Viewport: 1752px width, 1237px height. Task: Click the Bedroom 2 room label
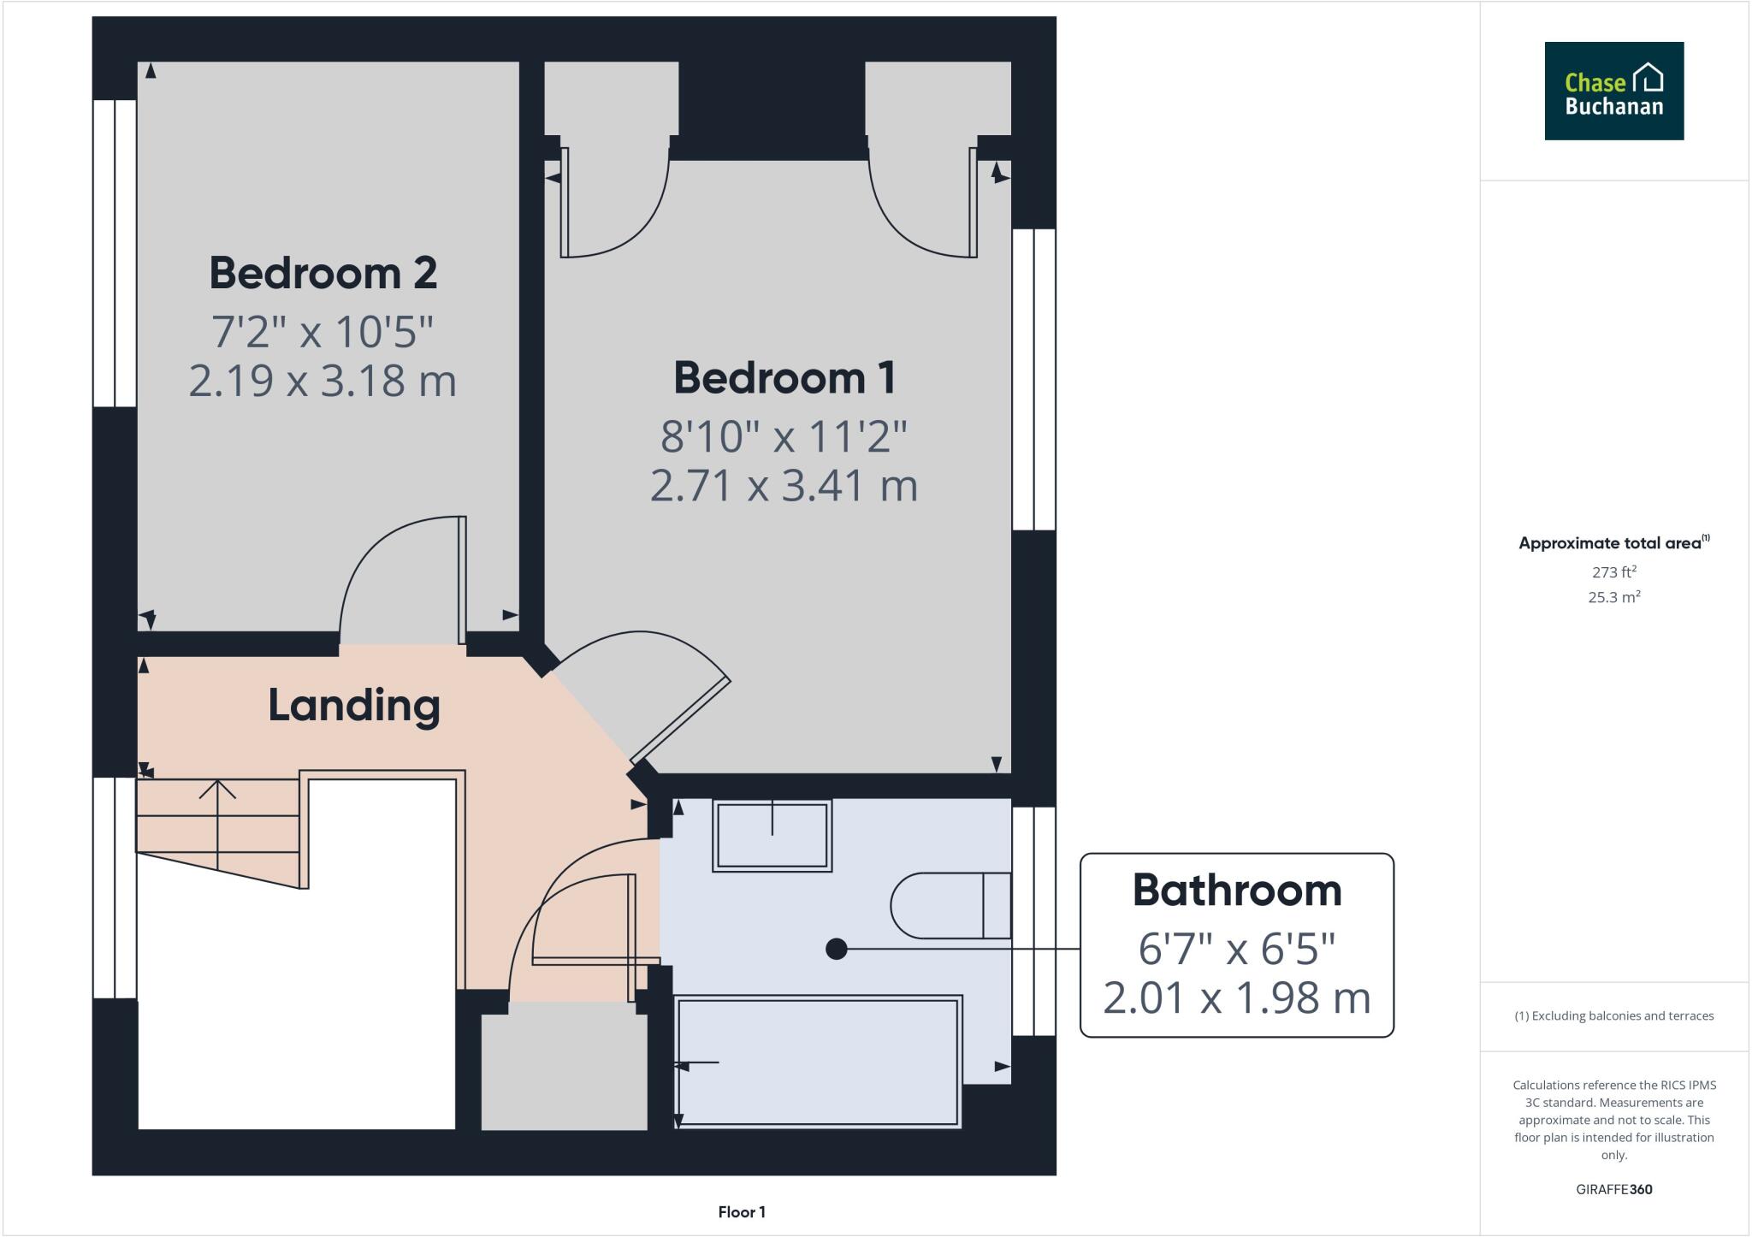click(x=323, y=274)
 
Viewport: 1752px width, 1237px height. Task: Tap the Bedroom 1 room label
click(x=784, y=378)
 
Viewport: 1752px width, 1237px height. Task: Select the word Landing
click(x=354, y=706)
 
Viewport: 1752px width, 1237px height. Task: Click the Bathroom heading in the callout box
click(x=1237, y=891)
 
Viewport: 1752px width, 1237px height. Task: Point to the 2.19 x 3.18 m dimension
click(x=323, y=381)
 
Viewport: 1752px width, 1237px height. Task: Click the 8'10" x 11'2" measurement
click(x=784, y=437)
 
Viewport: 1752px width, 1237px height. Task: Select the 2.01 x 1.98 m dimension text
click(x=1237, y=997)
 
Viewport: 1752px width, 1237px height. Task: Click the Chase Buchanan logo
click(x=1613, y=91)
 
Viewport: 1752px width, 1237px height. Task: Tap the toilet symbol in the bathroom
click(x=950, y=905)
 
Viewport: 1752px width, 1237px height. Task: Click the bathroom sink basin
click(x=772, y=836)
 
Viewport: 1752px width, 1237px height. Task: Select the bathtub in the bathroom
click(x=818, y=1062)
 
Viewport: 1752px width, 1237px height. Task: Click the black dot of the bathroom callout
click(x=837, y=949)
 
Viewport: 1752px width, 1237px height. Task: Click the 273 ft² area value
click(x=1614, y=572)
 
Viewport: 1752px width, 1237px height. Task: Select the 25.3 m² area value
click(x=1613, y=598)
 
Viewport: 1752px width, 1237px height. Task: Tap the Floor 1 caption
click(x=742, y=1212)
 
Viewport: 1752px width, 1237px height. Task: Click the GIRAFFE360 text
click(x=1613, y=1189)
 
